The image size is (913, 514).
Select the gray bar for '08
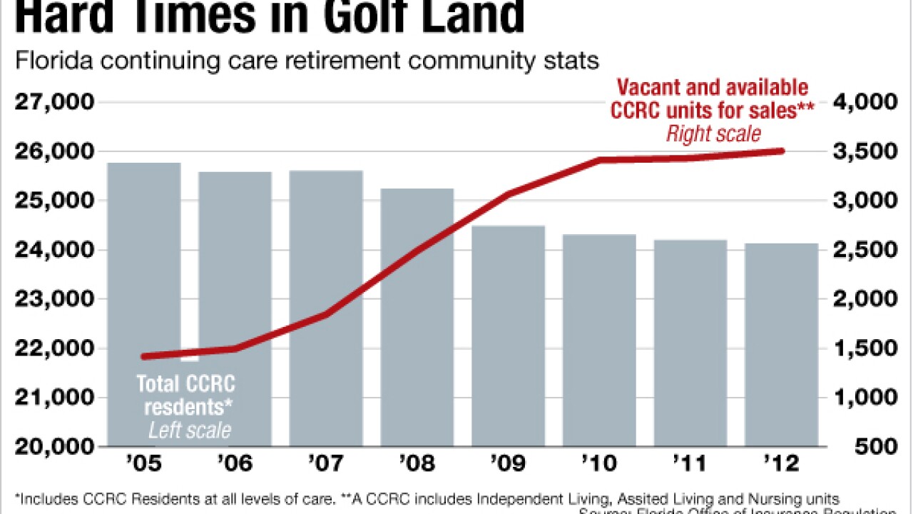coord(417,314)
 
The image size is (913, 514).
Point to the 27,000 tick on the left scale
coord(54,103)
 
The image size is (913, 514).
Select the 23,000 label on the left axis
coord(54,299)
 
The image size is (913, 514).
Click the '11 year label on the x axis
coord(690,463)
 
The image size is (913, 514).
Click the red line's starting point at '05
coord(143,356)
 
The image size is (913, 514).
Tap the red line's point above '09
coord(508,193)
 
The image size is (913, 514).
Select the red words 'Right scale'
coord(713,133)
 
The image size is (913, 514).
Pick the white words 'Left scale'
coord(189,430)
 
